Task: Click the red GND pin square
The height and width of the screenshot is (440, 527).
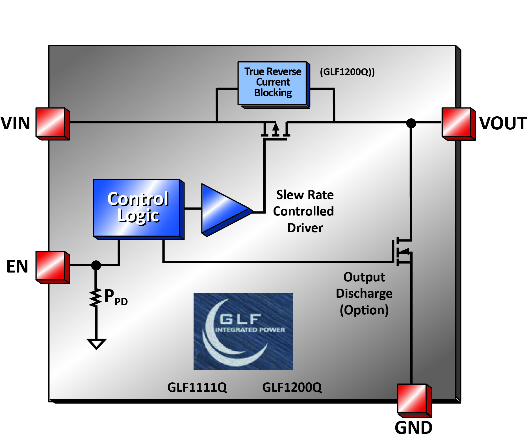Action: point(413,399)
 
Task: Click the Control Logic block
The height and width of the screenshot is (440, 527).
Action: point(137,208)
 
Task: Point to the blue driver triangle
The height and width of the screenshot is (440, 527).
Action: point(223,210)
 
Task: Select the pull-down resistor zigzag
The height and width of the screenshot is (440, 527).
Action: point(96,297)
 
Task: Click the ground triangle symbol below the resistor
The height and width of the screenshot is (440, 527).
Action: point(96,343)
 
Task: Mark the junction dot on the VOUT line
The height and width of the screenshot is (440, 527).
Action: point(411,123)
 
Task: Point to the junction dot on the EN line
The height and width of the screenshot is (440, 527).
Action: point(96,265)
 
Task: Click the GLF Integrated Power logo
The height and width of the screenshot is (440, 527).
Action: point(243,331)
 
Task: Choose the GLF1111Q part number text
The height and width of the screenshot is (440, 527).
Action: point(197,387)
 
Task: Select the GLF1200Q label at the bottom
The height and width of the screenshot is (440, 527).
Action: point(292,387)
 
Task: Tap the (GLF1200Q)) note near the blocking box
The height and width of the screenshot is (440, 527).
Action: point(347,72)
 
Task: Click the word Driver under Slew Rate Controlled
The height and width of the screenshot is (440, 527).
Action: point(305,228)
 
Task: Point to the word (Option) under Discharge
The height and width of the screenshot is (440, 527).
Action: point(364,310)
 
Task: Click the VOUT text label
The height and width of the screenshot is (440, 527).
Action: point(503,123)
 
